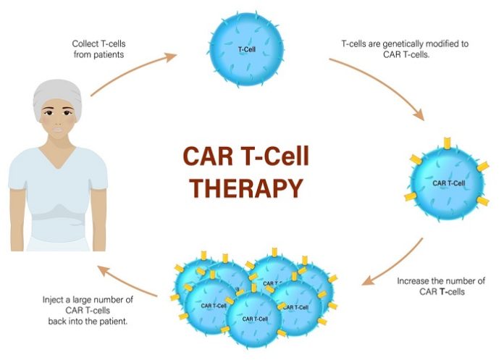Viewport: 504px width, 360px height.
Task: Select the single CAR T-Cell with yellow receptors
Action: (x=449, y=182)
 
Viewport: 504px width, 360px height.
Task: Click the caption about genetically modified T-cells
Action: (x=404, y=49)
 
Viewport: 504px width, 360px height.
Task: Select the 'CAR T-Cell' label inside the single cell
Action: (x=448, y=183)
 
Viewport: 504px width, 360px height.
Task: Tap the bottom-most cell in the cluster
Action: (x=253, y=319)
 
